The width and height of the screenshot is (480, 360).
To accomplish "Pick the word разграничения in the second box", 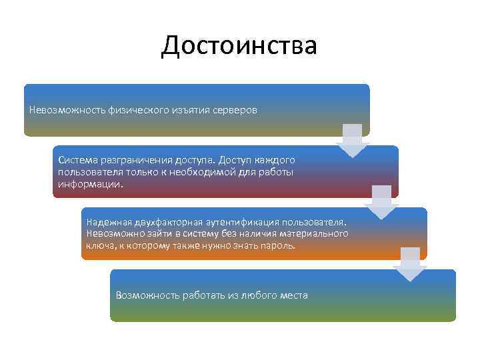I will click(x=133, y=161).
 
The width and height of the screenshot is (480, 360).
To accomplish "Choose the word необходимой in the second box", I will click(x=217, y=171).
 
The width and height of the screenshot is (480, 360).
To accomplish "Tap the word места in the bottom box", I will click(x=294, y=295).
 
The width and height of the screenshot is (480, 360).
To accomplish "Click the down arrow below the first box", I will click(x=353, y=141).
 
